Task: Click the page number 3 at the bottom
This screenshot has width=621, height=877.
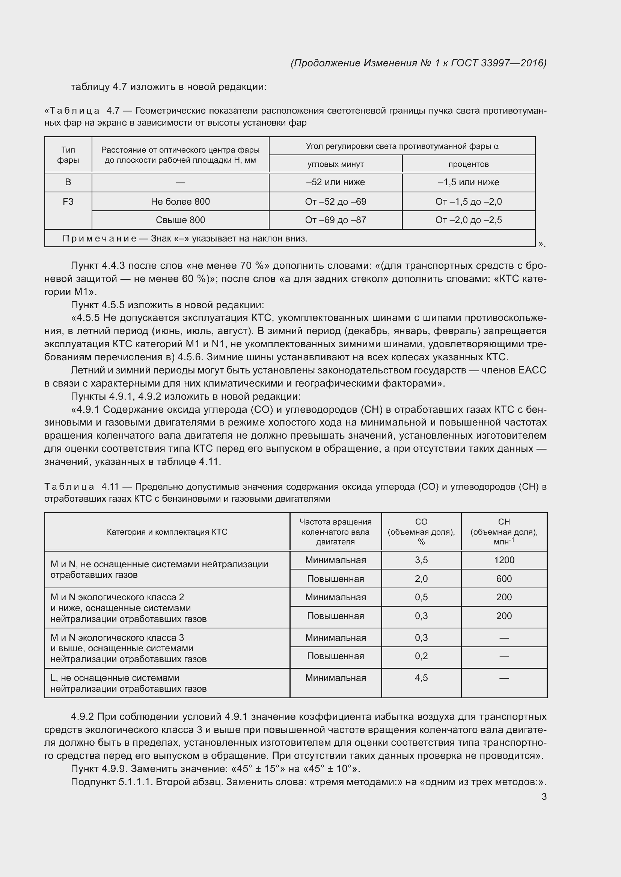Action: point(544,796)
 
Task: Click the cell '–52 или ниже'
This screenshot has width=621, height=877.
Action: point(335,182)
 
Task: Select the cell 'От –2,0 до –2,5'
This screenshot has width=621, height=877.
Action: point(469,220)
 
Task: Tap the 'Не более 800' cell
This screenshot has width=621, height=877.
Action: point(180,201)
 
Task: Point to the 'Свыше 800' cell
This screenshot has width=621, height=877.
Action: point(180,220)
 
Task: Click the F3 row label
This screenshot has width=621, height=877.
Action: point(68,201)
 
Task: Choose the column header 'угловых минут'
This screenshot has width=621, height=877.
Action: point(335,164)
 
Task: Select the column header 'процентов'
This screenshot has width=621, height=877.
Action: point(469,164)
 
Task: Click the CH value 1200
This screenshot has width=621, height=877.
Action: point(504,560)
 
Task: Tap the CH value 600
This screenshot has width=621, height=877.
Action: point(504,579)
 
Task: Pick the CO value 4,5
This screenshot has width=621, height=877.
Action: point(421,678)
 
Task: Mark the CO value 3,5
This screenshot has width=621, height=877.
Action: point(421,560)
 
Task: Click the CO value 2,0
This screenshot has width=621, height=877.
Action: point(421,579)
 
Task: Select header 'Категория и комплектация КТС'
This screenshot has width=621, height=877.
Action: point(167,532)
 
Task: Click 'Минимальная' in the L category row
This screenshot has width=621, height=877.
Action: point(335,678)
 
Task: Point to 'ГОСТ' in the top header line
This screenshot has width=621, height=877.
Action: point(464,63)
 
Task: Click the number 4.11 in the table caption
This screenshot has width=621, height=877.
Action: point(110,487)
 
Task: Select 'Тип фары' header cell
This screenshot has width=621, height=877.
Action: point(68,155)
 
